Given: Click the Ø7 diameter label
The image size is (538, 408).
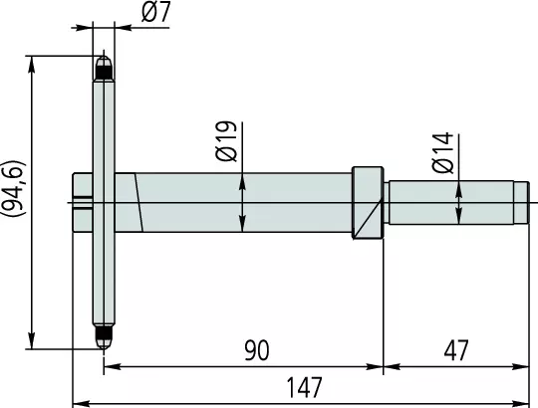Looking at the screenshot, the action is (x=155, y=13).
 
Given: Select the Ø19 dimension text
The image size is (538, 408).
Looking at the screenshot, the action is (x=226, y=141).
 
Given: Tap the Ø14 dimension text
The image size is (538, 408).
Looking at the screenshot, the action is (x=443, y=152).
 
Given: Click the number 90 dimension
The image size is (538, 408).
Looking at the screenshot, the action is (x=257, y=350).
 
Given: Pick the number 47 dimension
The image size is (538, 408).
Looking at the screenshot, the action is (x=456, y=350).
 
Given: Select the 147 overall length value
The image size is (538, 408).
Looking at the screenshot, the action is (x=304, y=387).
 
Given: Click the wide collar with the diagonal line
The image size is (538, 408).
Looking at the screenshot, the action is (x=368, y=202).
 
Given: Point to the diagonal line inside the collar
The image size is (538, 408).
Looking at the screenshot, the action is (x=368, y=219).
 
